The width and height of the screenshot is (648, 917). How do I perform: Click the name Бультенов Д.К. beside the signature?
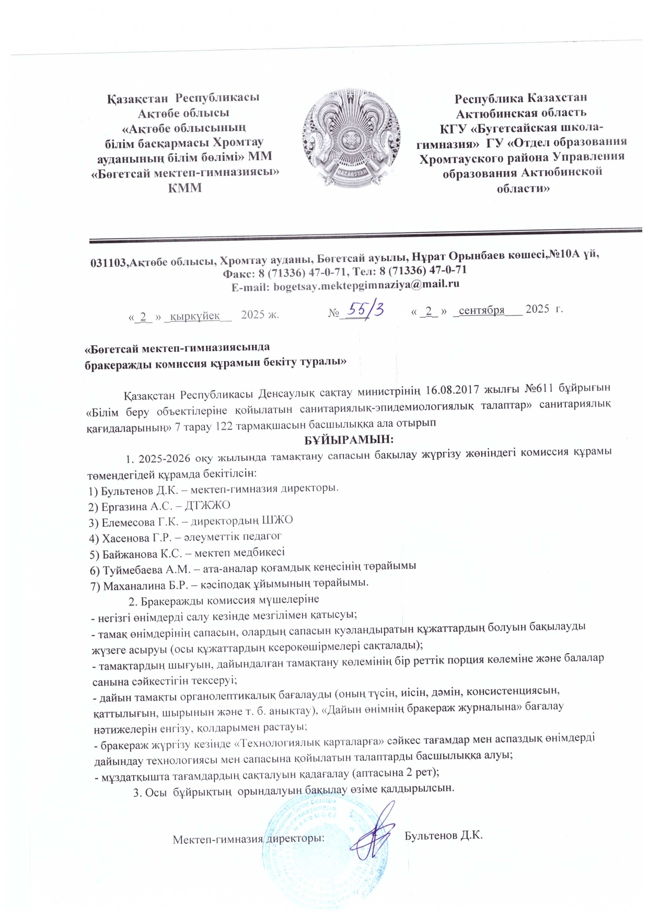(x=443, y=835)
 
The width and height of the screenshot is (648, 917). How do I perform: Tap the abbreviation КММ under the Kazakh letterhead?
(x=184, y=188)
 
